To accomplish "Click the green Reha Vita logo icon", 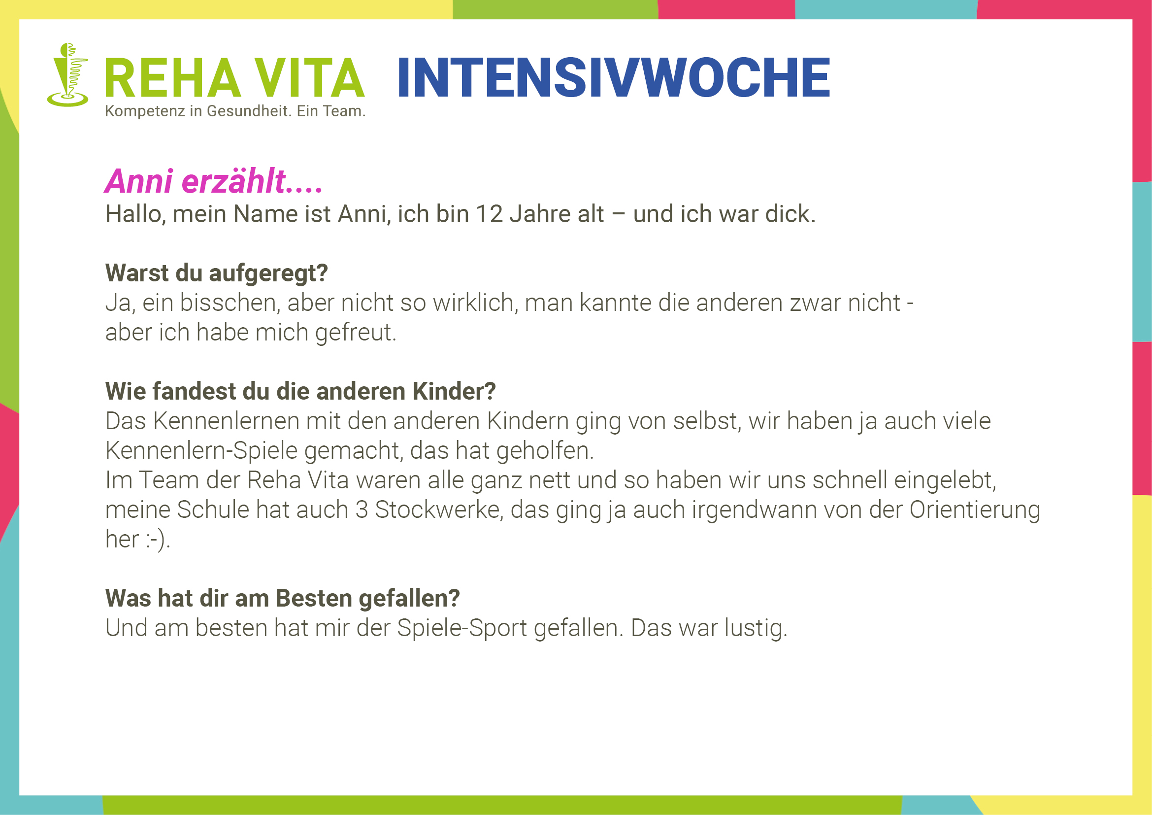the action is pos(68,75).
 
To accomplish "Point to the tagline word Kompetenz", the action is pos(145,111).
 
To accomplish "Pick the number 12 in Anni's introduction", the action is pos(489,214).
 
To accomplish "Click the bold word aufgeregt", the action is pos(268,274).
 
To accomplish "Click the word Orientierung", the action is pos(975,510).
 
